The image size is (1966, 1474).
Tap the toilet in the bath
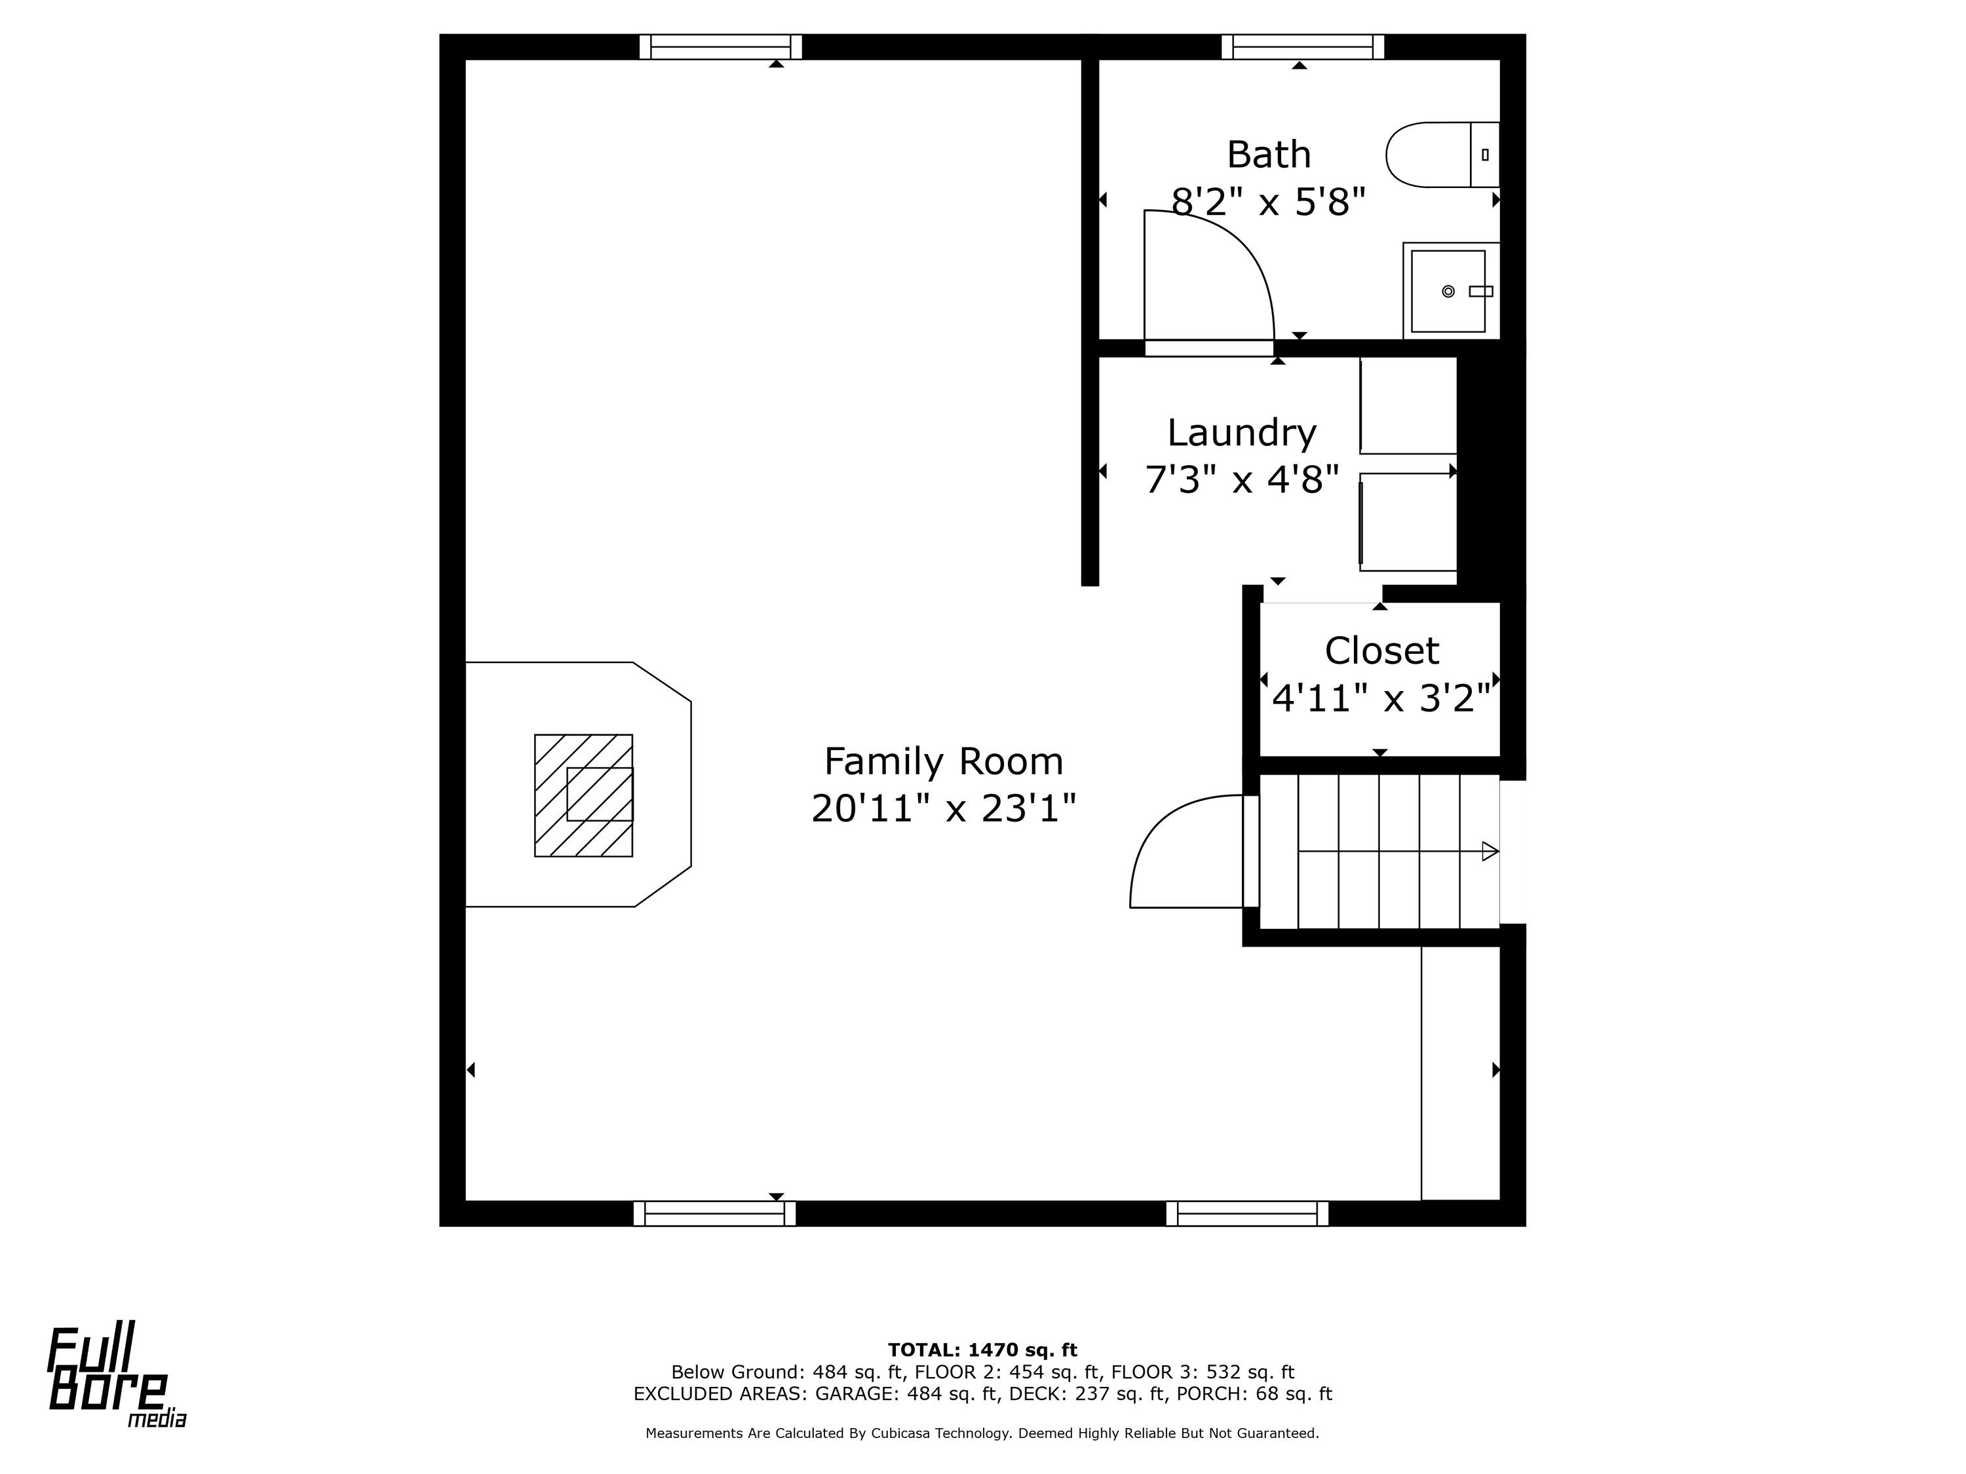pyautogui.click(x=1442, y=155)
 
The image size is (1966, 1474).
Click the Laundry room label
pyautogui.click(x=1242, y=432)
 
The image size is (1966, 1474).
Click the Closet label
pyautogui.click(x=1381, y=651)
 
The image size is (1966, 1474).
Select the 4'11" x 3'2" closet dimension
pyautogui.click(x=1381, y=698)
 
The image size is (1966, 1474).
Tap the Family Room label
pyautogui.click(x=943, y=761)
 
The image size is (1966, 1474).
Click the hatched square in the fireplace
pyautogui.click(x=583, y=795)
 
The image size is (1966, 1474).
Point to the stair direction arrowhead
pyautogui.click(x=1490, y=851)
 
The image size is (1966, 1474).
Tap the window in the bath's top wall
pyautogui.click(x=1302, y=47)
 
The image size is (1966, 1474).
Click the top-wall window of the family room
pyautogui.click(x=720, y=47)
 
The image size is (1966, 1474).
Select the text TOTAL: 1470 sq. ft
pyautogui.click(x=982, y=1350)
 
